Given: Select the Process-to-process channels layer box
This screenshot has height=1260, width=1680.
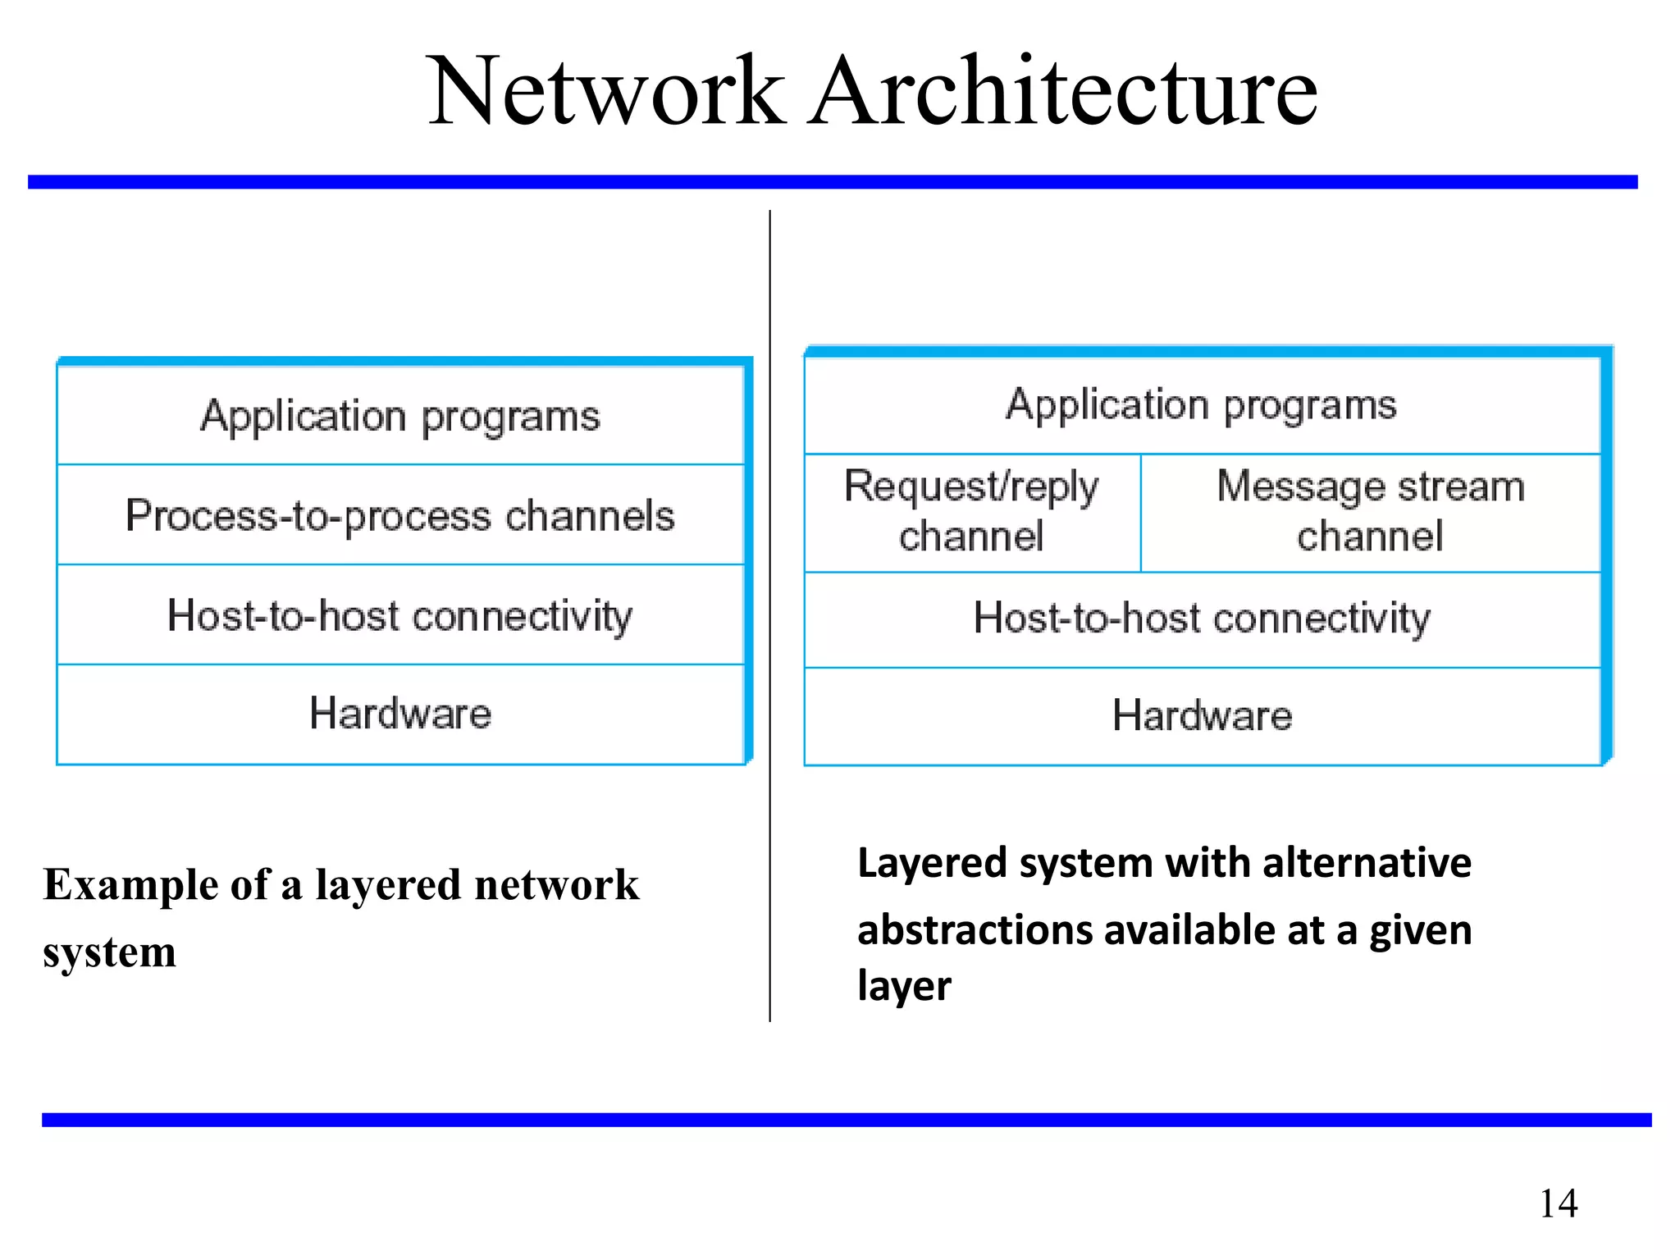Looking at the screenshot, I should (x=400, y=516).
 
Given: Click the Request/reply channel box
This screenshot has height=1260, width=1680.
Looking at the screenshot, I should (x=971, y=512).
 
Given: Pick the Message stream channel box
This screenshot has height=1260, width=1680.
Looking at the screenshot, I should (x=1370, y=512).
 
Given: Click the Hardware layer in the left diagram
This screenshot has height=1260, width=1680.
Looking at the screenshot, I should (x=400, y=714).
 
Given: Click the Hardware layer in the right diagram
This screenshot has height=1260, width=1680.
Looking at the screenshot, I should (x=1202, y=715).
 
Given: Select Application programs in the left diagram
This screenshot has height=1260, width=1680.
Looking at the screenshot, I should (x=400, y=416).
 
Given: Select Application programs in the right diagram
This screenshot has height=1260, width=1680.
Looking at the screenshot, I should (x=1202, y=405).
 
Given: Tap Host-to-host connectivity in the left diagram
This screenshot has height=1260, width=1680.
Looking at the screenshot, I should (x=400, y=616).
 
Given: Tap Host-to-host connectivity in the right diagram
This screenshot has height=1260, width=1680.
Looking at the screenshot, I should (x=1202, y=619).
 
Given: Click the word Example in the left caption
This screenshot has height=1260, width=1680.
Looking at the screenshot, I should (x=130, y=886).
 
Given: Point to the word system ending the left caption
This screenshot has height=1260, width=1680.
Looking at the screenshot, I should (x=109, y=953).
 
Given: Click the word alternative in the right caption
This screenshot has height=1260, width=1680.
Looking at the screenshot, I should (x=1367, y=863).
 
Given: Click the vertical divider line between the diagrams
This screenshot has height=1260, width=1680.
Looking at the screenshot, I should (x=769, y=820).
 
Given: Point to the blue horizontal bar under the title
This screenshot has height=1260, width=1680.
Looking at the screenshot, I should (x=833, y=182).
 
